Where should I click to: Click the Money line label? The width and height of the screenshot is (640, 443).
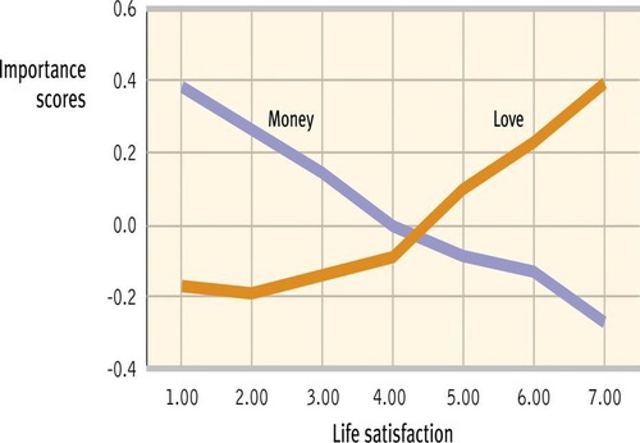(291, 119)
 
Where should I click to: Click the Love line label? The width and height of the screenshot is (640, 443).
(508, 119)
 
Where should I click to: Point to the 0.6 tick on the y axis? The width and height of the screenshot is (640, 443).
(125, 10)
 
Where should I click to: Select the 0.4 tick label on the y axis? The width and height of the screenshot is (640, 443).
(125, 81)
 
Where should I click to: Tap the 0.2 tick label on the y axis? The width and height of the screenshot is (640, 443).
(125, 153)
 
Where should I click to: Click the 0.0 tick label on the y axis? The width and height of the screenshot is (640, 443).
(125, 226)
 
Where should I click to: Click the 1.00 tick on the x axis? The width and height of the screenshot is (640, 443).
(182, 397)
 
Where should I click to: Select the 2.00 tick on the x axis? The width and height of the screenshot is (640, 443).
(252, 397)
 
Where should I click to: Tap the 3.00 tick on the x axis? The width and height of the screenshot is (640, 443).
(323, 397)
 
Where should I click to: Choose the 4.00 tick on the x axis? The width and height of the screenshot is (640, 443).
(393, 397)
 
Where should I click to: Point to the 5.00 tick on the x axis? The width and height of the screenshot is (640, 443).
(464, 397)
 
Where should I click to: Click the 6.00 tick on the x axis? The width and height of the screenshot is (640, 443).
(534, 397)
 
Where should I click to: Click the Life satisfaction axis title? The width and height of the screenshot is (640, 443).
(393, 432)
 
